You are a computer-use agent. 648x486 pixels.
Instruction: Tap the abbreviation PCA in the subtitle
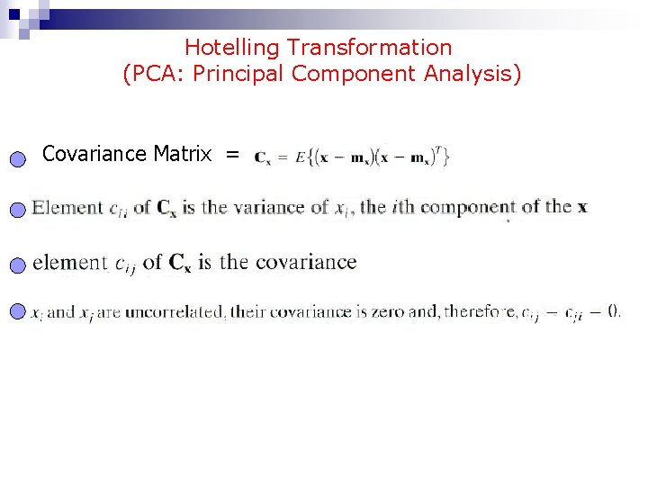154,74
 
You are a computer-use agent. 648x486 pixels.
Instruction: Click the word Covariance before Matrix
94,154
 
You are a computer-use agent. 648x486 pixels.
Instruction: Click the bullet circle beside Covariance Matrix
20,159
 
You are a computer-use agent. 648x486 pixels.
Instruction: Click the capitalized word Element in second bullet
68,208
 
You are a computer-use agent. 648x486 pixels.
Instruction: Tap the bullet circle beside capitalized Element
20,211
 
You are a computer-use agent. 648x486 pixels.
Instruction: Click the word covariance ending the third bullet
306,262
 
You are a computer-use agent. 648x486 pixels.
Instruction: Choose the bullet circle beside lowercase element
20,265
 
